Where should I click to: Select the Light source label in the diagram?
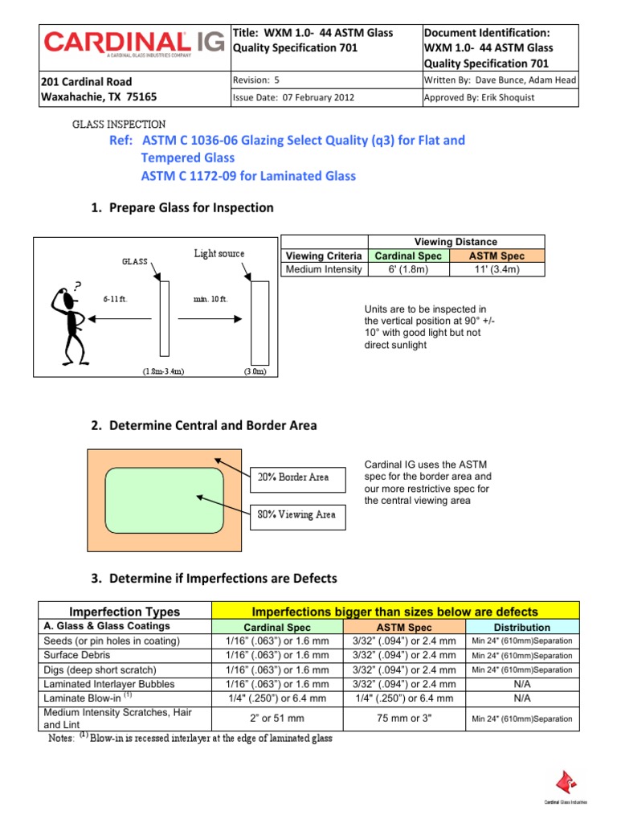click(219, 254)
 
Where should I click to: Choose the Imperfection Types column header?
click(125, 612)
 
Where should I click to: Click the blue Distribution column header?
click(522, 627)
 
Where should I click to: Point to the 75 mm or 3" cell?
click(405, 719)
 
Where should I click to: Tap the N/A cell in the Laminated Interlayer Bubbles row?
click(522, 684)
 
